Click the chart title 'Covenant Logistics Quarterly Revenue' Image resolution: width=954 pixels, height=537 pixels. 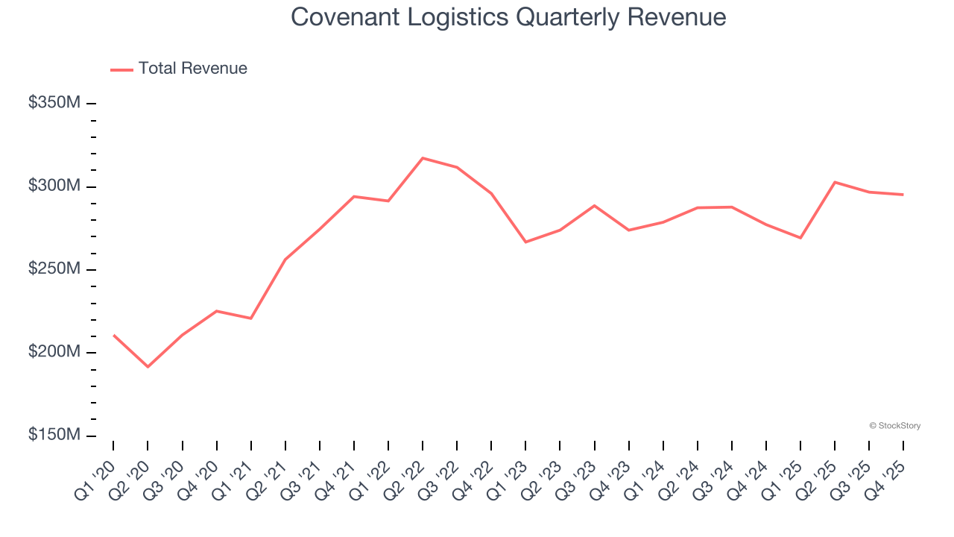(508, 16)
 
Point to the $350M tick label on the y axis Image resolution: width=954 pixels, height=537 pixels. (54, 103)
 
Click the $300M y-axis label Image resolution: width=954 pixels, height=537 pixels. (54, 186)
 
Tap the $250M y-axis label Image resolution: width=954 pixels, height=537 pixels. (54, 269)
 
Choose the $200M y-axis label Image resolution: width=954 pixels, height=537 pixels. (54, 352)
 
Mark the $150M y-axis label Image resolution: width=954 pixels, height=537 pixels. (54, 436)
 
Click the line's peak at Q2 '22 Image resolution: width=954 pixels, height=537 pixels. (423, 158)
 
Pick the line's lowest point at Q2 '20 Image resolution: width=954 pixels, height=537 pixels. (148, 367)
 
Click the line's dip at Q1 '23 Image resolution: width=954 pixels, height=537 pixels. (525, 242)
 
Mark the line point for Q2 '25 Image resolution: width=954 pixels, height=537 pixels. (835, 182)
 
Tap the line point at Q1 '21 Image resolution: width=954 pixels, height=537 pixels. (251, 318)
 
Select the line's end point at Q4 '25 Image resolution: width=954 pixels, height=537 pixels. (903, 195)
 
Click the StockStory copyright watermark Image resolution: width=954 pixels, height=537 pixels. (894, 426)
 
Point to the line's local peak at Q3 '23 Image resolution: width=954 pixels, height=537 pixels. (594, 205)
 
